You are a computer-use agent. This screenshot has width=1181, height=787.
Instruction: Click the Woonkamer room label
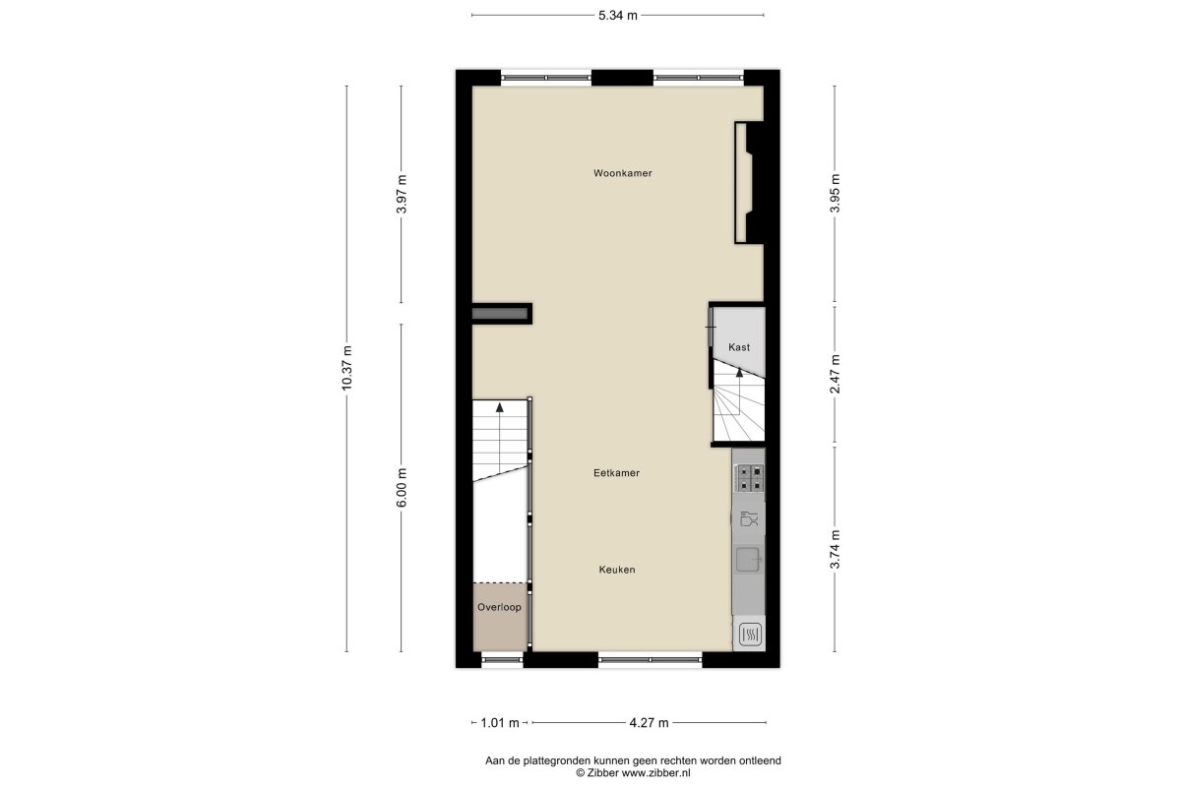pyautogui.click(x=623, y=173)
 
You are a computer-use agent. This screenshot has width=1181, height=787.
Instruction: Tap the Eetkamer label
pyautogui.click(x=616, y=473)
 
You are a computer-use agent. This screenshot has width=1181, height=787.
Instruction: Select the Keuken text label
pyautogui.click(x=617, y=570)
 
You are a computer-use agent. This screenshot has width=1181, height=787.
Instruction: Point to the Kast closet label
pyautogui.click(x=739, y=347)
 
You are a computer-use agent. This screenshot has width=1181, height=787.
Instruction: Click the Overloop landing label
pyautogui.click(x=499, y=607)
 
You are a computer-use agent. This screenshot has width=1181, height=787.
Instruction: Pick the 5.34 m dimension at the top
pyautogui.click(x=618, y=16)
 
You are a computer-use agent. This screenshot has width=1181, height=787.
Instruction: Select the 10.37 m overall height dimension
pyautogui.click(x=346, y=368)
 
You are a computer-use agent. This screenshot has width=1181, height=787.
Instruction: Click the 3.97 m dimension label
pyautogui.click(x=402, y=194)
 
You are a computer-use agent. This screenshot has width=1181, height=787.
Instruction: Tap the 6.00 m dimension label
pyautogui.click(x=402, y=488)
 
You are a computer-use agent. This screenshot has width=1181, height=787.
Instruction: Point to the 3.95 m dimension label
pyautogui.click(x=835, y=193)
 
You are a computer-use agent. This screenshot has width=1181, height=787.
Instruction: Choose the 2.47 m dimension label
pyautogui.click(x=835, y=374)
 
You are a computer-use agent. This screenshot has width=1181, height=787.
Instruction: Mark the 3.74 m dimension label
pyautogui.click(x=835, y=550)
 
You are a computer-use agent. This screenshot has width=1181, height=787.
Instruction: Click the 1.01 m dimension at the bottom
pyautogui.click(x=500, y=723)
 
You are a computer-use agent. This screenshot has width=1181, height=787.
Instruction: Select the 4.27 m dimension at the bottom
pyautogui.click(x=649, y=723)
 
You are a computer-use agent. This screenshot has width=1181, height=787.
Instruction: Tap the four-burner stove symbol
pyautogui.click(x=749, y=477)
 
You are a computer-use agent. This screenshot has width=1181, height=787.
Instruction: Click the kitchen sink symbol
pyautogui.click(x=749, y=560)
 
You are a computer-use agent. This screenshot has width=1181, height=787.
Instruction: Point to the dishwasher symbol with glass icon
pyautogui.click(x=749, y=518)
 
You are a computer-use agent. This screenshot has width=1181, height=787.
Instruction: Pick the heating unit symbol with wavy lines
pyautogui.click(x=749, y=635)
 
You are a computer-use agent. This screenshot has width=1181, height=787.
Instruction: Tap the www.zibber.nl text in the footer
pyautogui.click(x=655, y=773)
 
